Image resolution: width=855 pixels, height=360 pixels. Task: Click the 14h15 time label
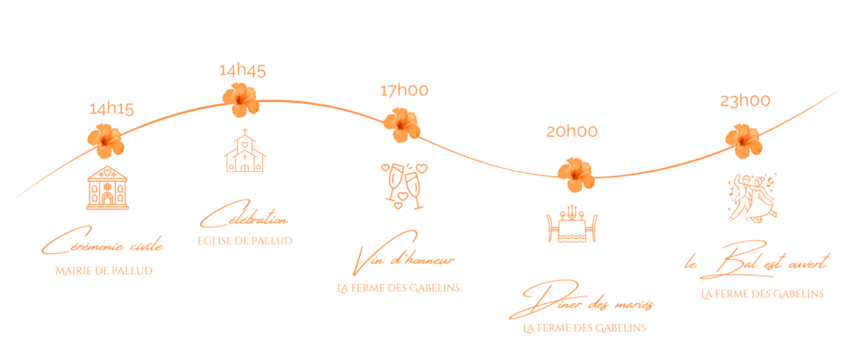pyautogui.click(x=112, y=108)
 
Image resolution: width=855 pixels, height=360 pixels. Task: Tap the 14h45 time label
pyautogui.click(x=242, y=71)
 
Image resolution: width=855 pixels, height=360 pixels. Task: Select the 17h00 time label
pyautogui.click(x=404, y=90)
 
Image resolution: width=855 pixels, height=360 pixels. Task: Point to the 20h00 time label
pyautogui.click(x=572, y=131)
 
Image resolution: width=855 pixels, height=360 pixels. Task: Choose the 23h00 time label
pyautogui.click(x=745, y=101)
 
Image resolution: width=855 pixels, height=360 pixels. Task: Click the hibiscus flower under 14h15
pyautogui.click(x=106, y=141)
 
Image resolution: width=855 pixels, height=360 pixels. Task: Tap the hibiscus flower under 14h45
pyautogui.click(x=241, y=99)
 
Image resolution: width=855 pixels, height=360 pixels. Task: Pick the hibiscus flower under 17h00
pyautogui.click(x=401, y=124)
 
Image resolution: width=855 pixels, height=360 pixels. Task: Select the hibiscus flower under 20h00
pyautogui.click(x=574, y=173)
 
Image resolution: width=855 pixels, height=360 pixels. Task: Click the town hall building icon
pyautogui.click(x=108, y=187)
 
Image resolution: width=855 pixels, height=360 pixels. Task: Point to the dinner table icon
pyautogui.click(x=572, y=224)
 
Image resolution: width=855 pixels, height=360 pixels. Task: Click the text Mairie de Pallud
pyautogui.click(x=104, y=271)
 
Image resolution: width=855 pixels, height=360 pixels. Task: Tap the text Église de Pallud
pyautogui.click(x=245, y=241)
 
